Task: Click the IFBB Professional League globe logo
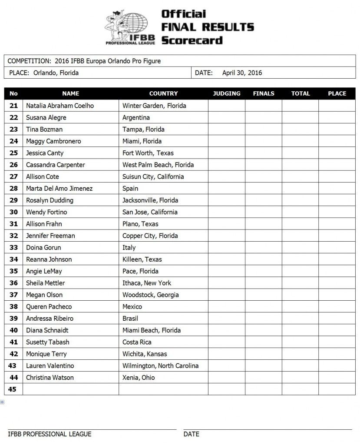click(131, 27)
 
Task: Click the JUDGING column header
click(227, 93)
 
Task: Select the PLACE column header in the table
click(337, 93)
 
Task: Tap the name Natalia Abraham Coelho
click(59, 106)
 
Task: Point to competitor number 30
click(13, 212)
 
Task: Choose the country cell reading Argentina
click(136, 117)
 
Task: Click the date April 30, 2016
click(242, 73)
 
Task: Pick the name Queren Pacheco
click(49, 306)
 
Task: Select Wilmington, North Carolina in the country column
click(160, 365)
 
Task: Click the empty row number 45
click(13, 389)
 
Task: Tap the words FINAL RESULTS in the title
click(207, 27)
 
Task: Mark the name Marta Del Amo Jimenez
click(59, 188)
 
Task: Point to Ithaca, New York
click(147, 283)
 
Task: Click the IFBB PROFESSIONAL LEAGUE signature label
click(50, 434)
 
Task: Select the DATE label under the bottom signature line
click(191, 434)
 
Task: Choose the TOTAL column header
click(301, 93)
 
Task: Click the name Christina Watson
click(50, 377)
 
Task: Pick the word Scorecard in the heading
click(192, 40)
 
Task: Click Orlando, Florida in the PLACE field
click(56, 73)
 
